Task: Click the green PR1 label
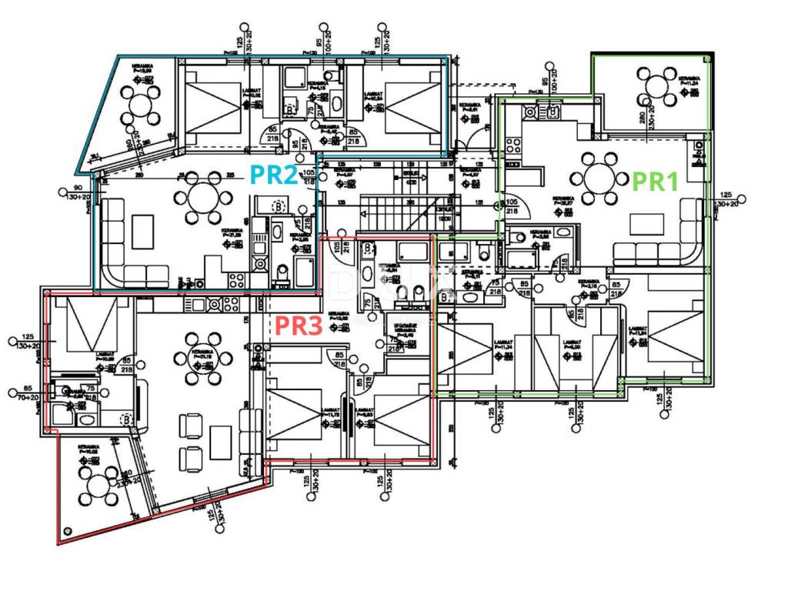[655, 182]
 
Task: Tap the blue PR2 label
[274, 175]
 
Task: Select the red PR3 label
[298, 326]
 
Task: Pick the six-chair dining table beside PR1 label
[600, 177]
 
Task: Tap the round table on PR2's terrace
[142, 101]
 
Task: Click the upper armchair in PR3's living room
[190, 425]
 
